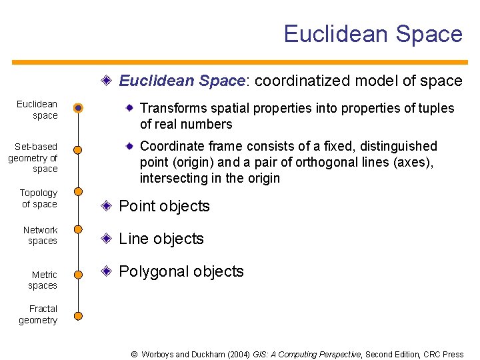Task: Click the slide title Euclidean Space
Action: point(373,34)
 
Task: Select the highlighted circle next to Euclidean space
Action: point(78,108)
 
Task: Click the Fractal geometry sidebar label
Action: point(38,315)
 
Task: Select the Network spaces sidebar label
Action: point(41,235)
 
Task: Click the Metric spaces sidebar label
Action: point(43,280)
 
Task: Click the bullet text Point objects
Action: point(164,207)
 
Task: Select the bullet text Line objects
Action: point(161,239)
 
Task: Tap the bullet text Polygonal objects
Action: point(181,272)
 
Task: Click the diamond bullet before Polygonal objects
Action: point(107,271)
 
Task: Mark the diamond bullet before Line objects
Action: point(107,239)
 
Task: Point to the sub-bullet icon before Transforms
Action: point(130,107)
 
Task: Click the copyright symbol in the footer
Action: point(134,355)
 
